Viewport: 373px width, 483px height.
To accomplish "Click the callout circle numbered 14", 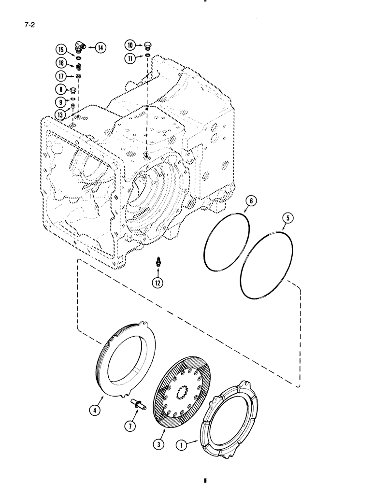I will point(100,47).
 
